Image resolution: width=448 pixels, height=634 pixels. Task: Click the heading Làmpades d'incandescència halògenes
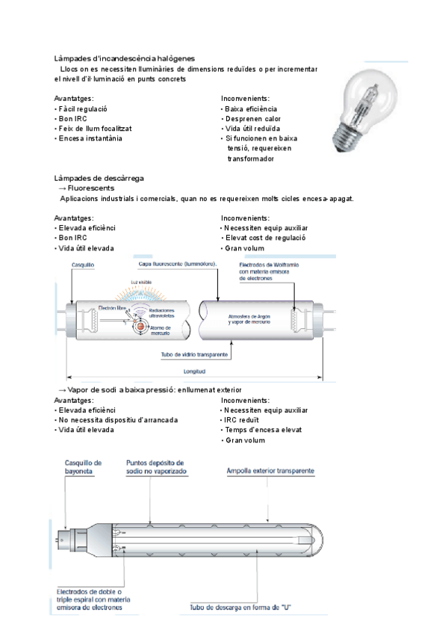pos(125,58)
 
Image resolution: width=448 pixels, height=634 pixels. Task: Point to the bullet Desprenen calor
pos(252,118)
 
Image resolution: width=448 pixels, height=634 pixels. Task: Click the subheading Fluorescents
pos(90,188)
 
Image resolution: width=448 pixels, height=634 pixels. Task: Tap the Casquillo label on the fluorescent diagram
pos(82,265)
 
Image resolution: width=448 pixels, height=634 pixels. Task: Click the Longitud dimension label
pos(195,371)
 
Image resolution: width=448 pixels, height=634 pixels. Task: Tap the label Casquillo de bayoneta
pos(84,468)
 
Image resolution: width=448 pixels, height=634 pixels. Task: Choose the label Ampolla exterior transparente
pos(271,471)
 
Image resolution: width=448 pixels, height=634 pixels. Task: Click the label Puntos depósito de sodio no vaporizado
pos(156,468)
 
